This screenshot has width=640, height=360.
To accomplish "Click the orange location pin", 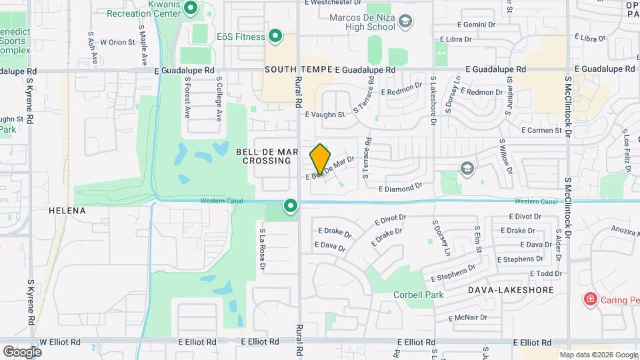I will click(320, 159).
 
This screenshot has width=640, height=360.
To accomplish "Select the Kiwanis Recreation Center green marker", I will click(190, 9).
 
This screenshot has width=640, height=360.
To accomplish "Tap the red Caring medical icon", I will click(589, 299).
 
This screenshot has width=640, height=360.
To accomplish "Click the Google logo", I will click(22, 351).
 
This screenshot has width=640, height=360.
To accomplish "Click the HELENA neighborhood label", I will click(67, 211).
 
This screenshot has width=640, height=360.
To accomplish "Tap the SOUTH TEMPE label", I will click(298, 69).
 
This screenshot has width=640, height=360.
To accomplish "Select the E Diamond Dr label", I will click(401, 189).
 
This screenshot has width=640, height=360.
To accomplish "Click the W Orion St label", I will click(117, 42).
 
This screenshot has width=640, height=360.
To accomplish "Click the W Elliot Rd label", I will click(60, 341).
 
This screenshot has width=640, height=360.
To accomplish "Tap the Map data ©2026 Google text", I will click(598, 355).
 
